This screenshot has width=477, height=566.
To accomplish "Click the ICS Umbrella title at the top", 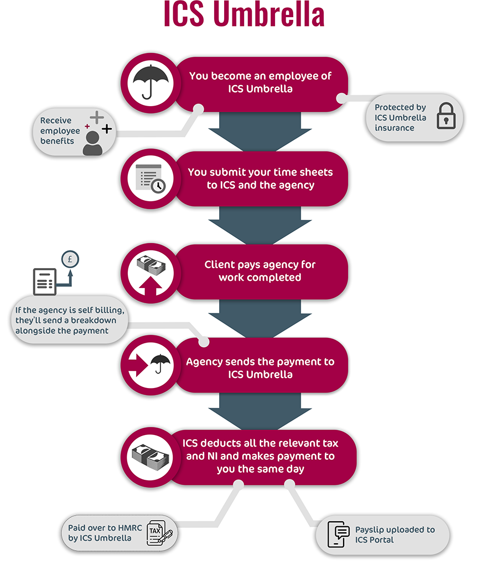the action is coord(244,14).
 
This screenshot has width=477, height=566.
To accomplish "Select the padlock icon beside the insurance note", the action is coord(446,116).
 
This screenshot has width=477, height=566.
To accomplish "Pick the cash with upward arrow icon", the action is coord(151,274).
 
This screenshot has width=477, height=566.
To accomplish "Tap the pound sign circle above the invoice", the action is coord(70,259).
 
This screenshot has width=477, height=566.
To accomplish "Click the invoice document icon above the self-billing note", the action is coord(45,281).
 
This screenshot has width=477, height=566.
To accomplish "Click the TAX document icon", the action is coord(159,532).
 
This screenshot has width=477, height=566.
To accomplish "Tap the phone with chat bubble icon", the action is coord(339,534).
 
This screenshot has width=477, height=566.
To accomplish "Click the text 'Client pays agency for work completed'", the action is coord(260,271).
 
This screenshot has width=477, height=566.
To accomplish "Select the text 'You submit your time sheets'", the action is coord(260,172).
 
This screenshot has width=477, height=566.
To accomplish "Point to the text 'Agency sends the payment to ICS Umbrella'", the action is coord(260,368).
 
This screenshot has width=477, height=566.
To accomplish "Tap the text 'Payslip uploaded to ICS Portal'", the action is coord(395,534).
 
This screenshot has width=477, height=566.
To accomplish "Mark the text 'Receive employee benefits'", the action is coord(60,130).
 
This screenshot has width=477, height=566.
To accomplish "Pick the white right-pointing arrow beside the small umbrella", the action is coord(138,365).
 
